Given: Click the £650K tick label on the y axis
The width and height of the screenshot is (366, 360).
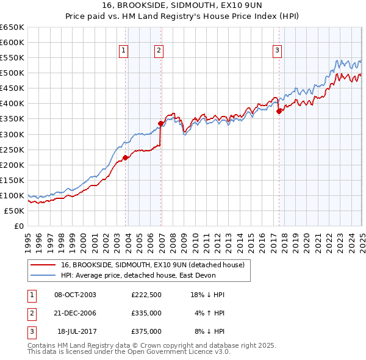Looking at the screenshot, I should [x=12, y=27].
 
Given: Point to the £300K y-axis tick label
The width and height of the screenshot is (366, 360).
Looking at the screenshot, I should [x=12, y=134].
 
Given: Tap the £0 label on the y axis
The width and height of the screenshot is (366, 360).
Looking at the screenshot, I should [x=19, y=226].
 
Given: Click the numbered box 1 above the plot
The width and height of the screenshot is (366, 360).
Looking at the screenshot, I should [x=124, y=51].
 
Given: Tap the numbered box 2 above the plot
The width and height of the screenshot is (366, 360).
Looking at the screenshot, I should [x=158, y=51].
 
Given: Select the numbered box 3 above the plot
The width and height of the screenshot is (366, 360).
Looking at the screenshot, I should [x=277, y=51].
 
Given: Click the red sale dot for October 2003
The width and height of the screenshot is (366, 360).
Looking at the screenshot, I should [x=126, y=157].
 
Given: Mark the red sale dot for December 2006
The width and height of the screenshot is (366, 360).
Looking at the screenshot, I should [x=161, y=123].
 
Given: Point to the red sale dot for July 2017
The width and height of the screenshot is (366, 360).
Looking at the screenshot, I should [x=279, y=111].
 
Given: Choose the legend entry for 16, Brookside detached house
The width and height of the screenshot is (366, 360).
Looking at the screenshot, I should [x=152, y=265].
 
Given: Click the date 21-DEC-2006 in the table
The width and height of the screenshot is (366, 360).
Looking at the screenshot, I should [x=75, y=313].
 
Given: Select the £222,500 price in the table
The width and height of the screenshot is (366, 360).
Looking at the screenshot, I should [x=146, y=295].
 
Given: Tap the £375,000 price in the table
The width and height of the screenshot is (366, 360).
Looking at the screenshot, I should [x=146, y=331].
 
